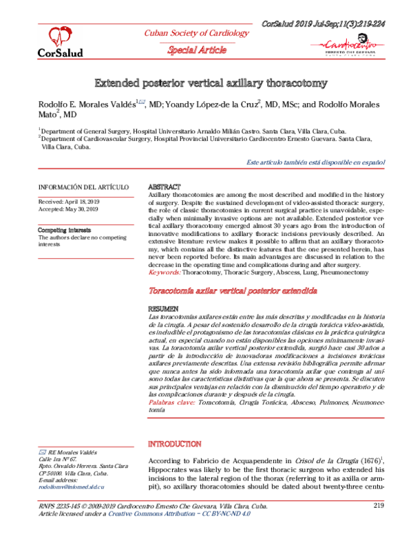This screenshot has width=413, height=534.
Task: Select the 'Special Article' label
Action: (x=195, y=50)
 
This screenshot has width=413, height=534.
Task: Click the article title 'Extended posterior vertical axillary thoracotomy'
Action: (x=211, y=83)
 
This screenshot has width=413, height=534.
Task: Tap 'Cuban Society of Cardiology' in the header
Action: (x=195, y=33)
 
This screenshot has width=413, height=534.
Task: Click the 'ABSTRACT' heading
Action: (x=165, y=187)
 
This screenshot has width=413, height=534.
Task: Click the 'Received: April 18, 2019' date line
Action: (x=69, y=202)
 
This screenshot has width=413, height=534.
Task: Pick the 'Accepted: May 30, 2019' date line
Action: (x=69, y=210)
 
